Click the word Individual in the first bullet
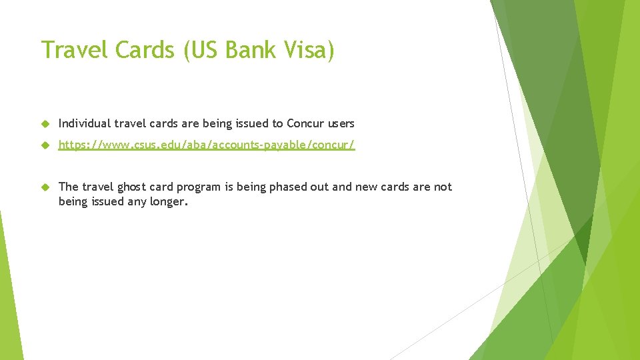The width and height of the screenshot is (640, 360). coord(85,123)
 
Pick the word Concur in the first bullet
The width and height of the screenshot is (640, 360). coord(304,123)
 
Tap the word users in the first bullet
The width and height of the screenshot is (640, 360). coord(340,123)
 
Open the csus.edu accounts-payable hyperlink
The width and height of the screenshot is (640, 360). coord(207,145)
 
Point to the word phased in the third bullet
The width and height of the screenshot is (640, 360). coord(281,187)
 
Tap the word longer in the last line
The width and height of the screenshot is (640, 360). coord(170,201)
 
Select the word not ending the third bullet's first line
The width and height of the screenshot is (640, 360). coord(443,187)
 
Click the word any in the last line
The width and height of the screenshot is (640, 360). coord(135,201)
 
